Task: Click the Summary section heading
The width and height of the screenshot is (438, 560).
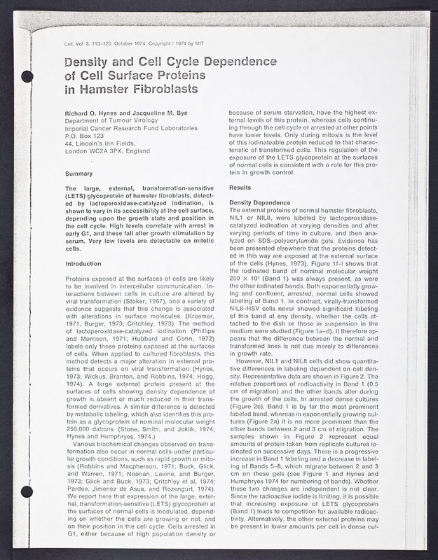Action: click(78, 173)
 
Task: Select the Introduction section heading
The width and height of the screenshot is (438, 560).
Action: click(83, 263)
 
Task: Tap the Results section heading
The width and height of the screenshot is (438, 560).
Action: click(240, 188)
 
